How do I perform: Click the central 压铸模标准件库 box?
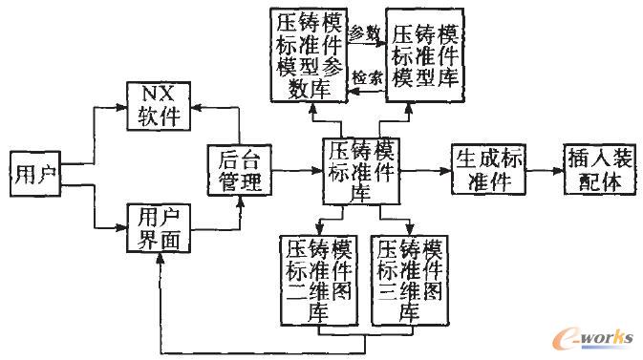359,170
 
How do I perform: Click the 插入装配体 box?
598,169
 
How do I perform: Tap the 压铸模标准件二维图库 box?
315,279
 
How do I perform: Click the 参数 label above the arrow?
364,32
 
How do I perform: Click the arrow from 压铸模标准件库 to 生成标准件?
426,170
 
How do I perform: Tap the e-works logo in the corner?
597,337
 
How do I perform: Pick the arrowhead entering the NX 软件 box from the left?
122,108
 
